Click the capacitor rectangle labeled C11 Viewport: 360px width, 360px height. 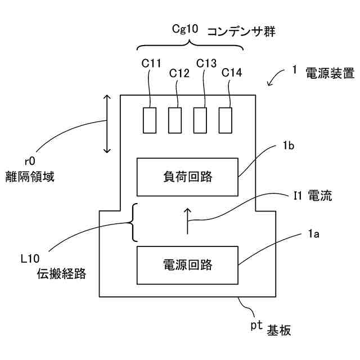click(150, 120)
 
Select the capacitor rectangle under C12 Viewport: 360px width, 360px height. click(175, 120)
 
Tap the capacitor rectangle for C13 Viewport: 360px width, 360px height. click(200, 120)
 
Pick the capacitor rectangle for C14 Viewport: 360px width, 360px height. click(225, 120)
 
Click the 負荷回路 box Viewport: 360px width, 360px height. click(187, 176)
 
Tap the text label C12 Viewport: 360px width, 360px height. click(179, 73)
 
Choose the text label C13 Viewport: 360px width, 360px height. click(206, 63)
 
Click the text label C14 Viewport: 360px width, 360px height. click(232, 73)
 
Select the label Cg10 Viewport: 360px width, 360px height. click(184, 29)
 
